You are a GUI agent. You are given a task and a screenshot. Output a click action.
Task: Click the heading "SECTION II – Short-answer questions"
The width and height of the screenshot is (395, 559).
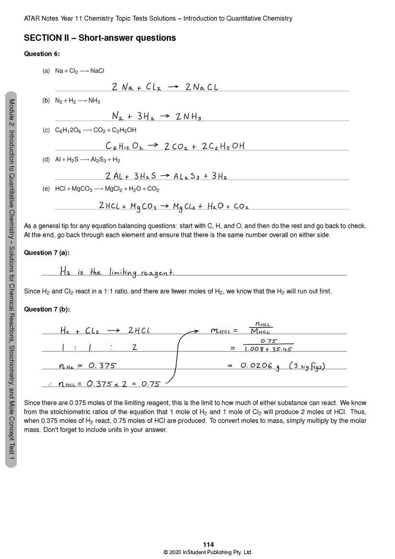point(100,38)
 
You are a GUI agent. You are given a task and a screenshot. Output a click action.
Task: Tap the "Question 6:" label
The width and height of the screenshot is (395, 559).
point(42,54)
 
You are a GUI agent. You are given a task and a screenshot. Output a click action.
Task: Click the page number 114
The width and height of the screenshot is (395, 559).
point(208,545)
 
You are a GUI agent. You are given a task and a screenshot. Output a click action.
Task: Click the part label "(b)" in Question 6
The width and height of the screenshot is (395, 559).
point(46,101)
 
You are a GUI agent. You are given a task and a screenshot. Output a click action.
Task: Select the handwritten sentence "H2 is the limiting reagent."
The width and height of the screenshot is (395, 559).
point(117,272)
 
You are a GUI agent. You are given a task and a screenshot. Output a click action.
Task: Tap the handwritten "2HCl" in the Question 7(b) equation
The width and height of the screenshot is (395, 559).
point(139,330)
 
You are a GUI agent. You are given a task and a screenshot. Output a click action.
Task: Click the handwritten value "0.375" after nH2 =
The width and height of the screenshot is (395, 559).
point(102,365)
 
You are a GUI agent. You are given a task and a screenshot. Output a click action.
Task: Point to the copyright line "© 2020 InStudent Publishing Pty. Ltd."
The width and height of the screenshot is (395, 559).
point(208,552)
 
